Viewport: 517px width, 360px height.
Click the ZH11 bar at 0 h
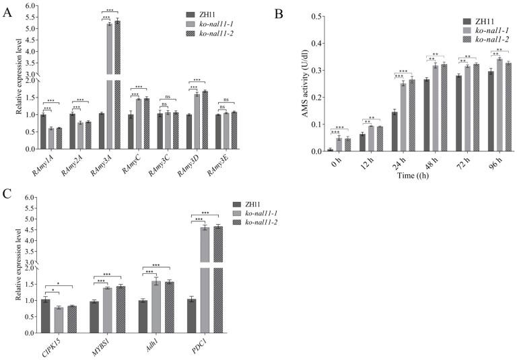point(331,149)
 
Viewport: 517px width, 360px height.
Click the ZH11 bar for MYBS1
point(95,317)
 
